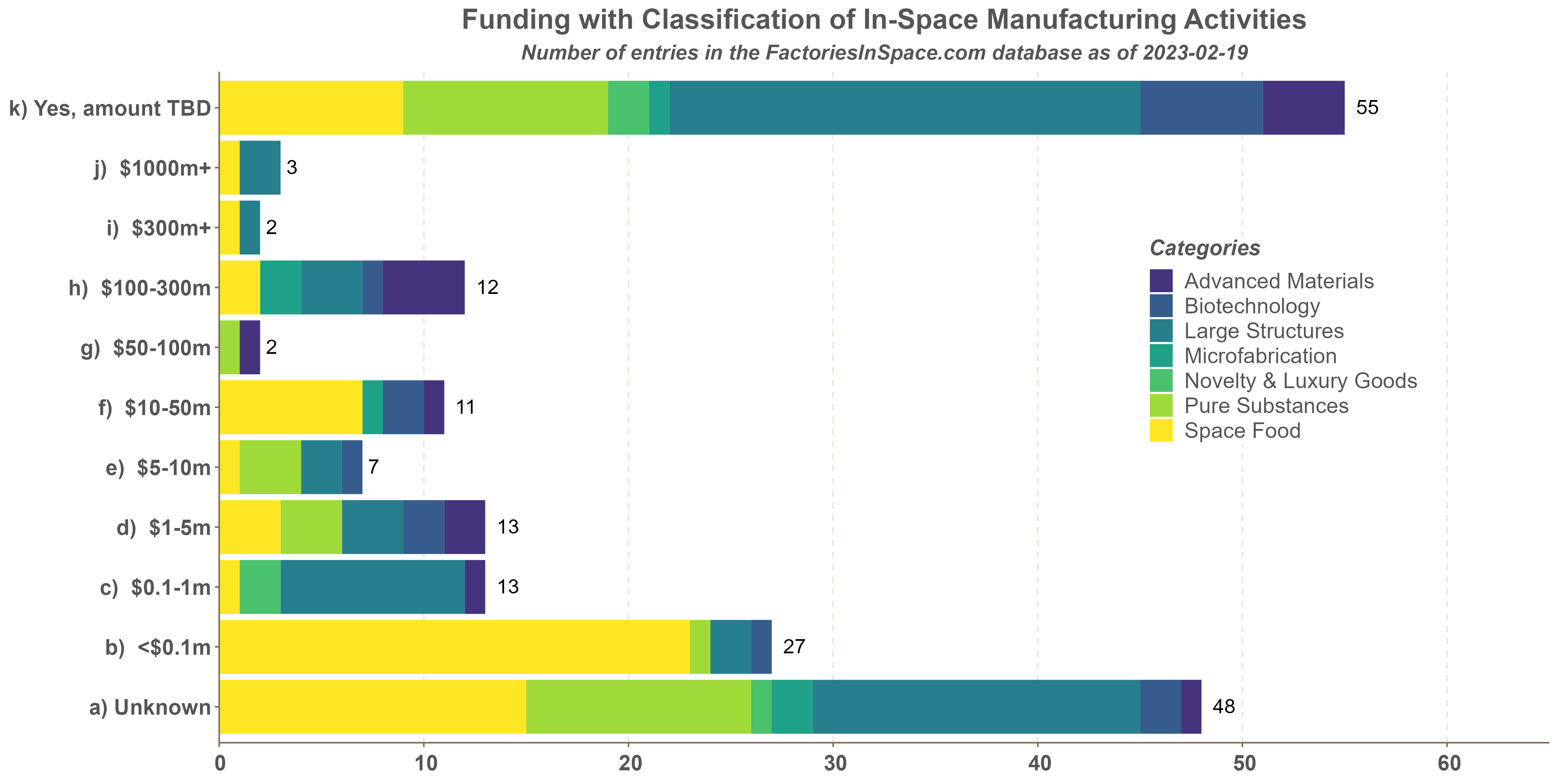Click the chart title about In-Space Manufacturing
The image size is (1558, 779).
[x=884, y=20]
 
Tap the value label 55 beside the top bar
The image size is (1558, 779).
[x=1367, y=108]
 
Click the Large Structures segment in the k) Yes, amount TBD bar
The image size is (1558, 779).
[x=905, y=108]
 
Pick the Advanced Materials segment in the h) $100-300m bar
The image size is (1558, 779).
[x=423, y=287]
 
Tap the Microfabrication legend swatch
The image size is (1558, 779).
[x=1161, y=356]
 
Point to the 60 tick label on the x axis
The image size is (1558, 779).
[x=1447, y=763]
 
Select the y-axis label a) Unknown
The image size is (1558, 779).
[x=150, y=707]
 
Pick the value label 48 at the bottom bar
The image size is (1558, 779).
[x=1224, y=706]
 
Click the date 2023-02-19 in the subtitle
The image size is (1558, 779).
[x=1195, y=53]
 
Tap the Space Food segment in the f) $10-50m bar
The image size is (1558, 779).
[x=291, y=407]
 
